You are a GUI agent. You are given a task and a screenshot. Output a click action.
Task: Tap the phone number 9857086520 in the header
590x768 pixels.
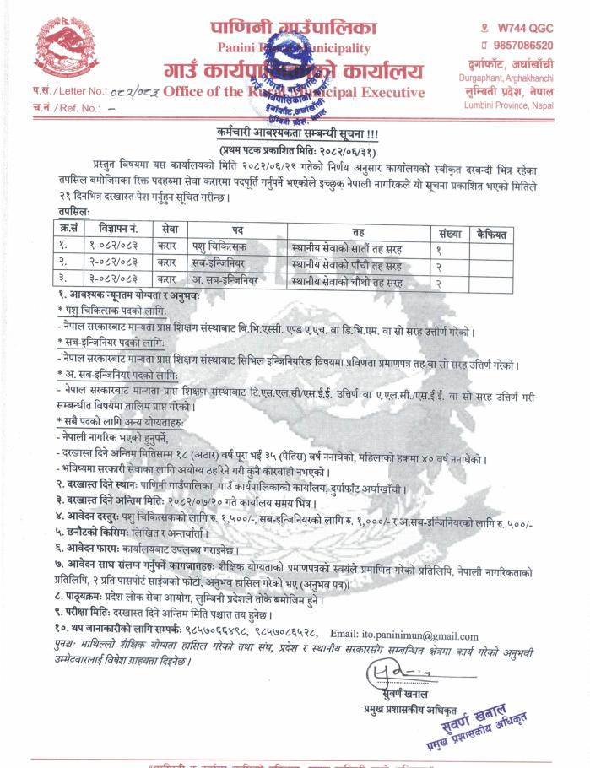pyautogui.click(x=517, y=45)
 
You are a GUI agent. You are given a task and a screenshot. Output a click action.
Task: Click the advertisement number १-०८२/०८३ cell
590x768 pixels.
pyautogui.click(x=116, y=248)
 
